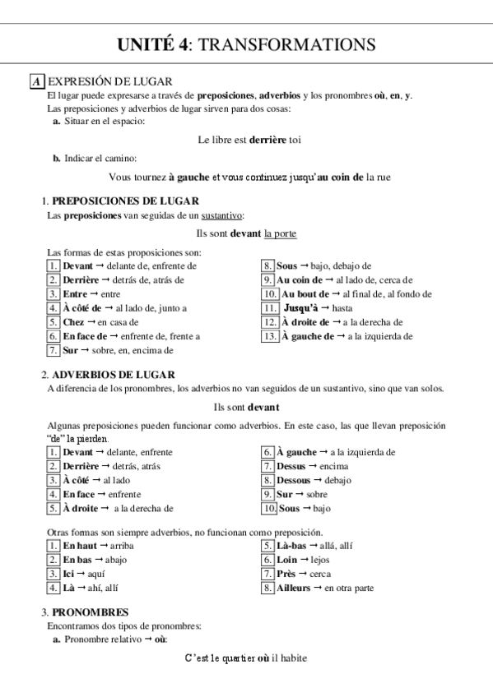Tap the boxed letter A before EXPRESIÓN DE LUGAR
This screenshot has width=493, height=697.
pos(36,81)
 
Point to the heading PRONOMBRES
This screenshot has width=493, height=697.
pos(90,612)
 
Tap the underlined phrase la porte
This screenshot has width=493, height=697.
pos(281,233)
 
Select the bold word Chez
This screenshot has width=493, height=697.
pos(73,322)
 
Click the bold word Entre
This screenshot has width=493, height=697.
pos(75,294)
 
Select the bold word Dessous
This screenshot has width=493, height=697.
pos(294,480)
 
